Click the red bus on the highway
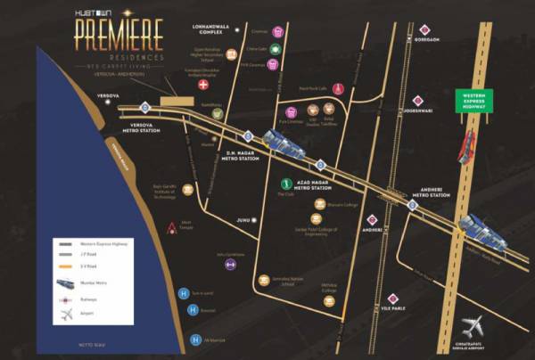click(465, 147)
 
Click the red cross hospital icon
click(204, 84)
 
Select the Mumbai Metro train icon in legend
click(66, 282)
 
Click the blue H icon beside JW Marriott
click(194, 339)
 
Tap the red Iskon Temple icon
click(171, 228)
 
